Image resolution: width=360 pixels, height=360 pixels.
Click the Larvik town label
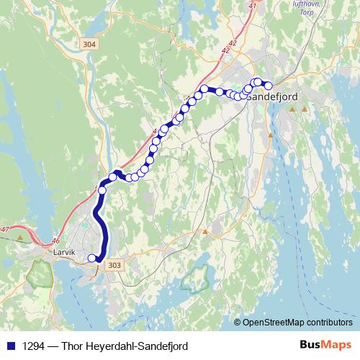point(64,253)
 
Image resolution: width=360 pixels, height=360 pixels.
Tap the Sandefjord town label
point(275,96)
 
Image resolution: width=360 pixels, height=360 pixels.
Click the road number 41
point(252,6)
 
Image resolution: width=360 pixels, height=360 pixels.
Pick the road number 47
point(5,229)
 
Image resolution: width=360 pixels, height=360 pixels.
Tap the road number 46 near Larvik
point(56,242)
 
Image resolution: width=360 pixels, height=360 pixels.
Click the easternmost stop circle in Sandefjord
point(268,86)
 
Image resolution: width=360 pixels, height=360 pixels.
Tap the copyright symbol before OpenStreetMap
point(238,323)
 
